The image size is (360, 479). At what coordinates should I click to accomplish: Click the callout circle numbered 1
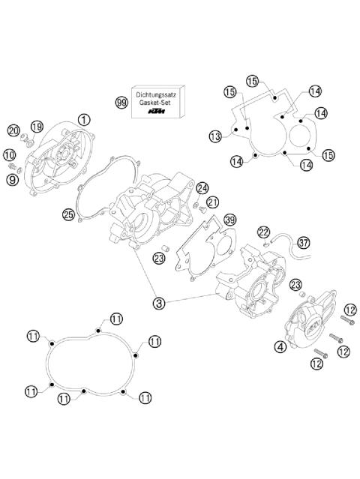point(83,118)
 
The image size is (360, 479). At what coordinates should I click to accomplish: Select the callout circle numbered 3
point(159,304)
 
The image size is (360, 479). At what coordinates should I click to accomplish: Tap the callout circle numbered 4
point(279,346)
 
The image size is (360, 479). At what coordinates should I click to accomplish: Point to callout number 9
point(12,178)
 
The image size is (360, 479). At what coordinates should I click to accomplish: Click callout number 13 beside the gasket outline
point(215,136)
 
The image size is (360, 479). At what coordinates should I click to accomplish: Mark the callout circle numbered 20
point(13,130)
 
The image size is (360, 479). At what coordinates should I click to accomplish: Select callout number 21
point(213,202)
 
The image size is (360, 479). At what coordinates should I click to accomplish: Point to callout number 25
point(68,215)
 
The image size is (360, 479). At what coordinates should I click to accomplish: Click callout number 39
point(229,220)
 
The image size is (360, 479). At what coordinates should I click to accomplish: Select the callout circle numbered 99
point(121,102)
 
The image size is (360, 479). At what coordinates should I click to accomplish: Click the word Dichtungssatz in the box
point(158,94)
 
